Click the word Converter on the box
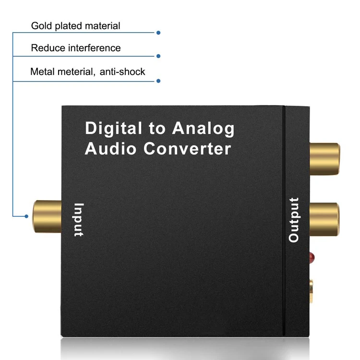(187, 148)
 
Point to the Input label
(78, 220)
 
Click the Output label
(294, 219)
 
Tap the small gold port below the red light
(313, 291)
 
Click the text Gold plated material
(75, 25)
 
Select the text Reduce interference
(75, 48)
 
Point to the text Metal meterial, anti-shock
(87, 72)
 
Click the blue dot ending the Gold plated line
(158, 33)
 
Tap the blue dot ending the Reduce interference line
(158, 56)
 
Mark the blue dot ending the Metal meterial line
(158, 81)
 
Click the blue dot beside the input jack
(27, 216)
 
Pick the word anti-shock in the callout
(122, 72)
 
